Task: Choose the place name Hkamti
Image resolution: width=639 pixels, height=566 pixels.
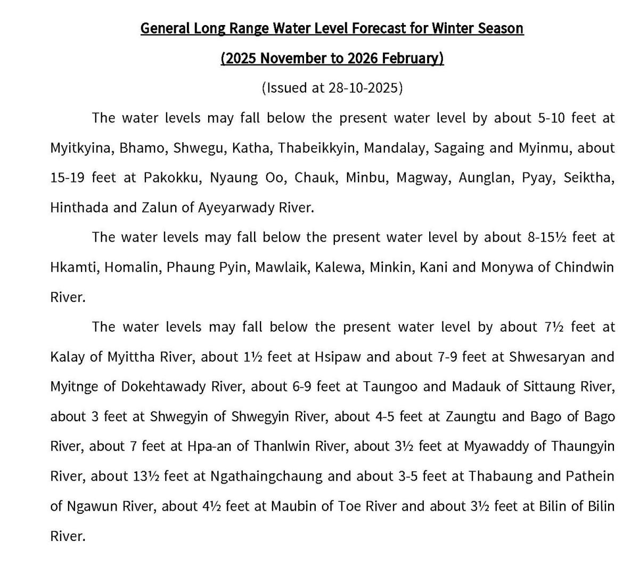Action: coord(73,267)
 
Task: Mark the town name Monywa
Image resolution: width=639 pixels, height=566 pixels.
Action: coord(506,267)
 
